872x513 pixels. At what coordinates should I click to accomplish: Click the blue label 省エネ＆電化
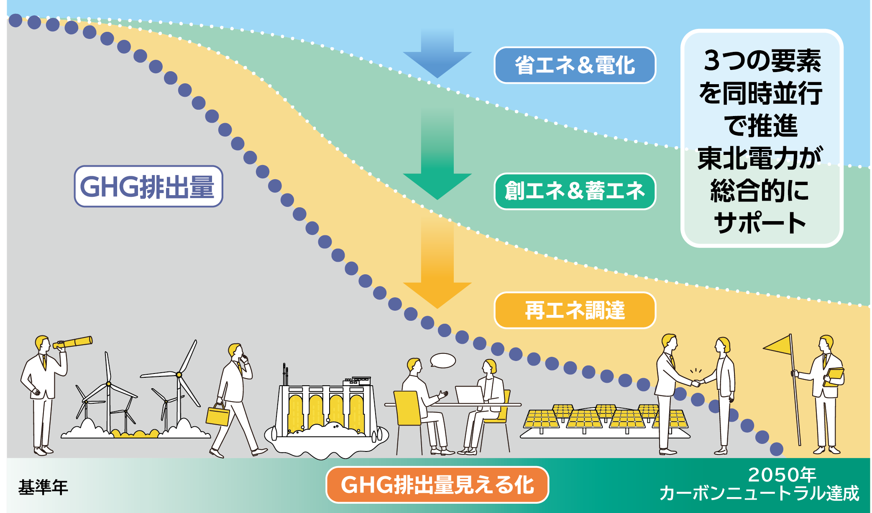tap(575, 65)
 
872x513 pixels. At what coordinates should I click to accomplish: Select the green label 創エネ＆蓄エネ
tap(575, 191)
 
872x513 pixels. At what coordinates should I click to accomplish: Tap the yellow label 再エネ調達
tap(575, 310)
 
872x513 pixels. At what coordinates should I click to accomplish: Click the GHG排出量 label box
tap(148, 186)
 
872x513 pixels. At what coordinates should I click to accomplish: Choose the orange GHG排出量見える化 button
tap(437, 485)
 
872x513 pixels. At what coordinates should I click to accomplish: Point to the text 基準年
tap(43, 487)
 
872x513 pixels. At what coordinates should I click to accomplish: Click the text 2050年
tap(782, 475)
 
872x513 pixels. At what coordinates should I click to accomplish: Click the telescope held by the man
tap(74, 343)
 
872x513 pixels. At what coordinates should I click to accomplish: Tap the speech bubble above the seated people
tap(443, 360)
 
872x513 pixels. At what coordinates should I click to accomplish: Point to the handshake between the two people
tap(696, 382)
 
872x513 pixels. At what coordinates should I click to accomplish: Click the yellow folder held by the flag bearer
tap(834, 376)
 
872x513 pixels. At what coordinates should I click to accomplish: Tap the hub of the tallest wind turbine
tap(179, 374)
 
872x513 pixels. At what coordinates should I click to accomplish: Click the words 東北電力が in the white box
tap(760, 158)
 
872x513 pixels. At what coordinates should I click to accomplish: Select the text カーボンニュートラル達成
tap(759, 493)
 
